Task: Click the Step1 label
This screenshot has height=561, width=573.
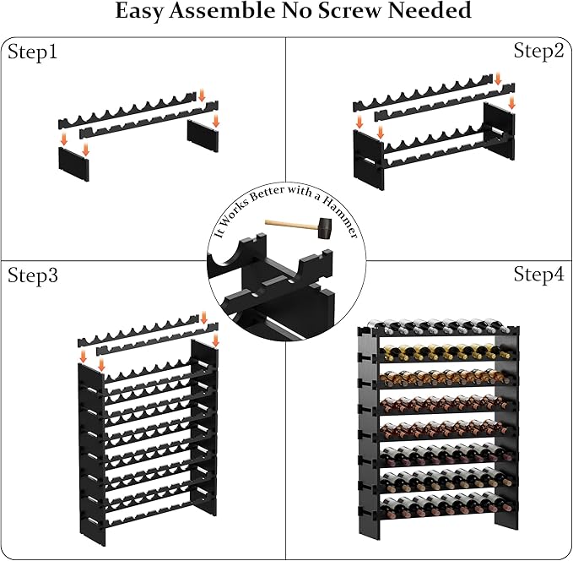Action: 33,52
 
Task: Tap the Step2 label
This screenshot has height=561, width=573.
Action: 538,51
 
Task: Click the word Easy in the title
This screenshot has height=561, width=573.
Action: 144,12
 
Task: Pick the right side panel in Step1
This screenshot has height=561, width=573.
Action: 203,135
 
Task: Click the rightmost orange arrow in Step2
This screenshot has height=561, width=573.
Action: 511,102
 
